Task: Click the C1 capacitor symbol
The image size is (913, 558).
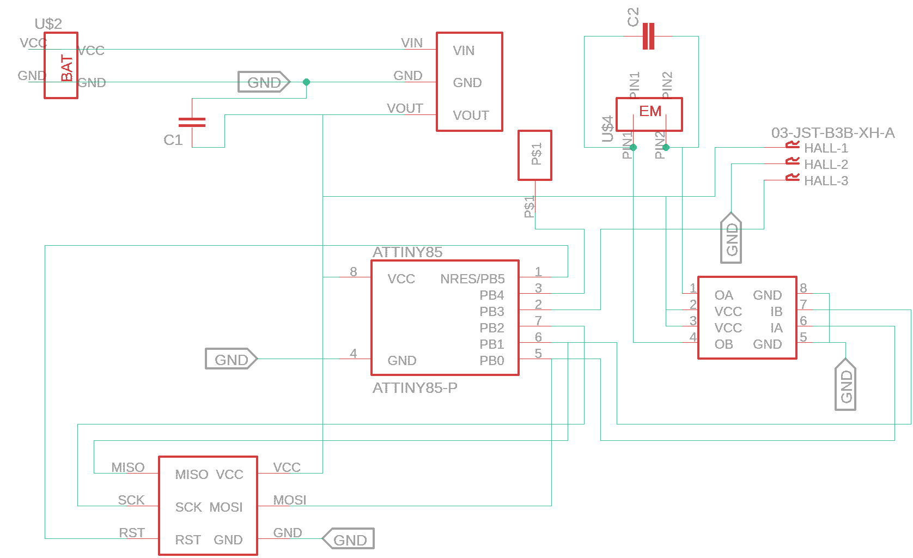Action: point(192,122)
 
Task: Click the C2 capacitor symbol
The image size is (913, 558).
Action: point(648,36)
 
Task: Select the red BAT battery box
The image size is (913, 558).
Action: point(61,65)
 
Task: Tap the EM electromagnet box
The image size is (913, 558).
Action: point(649,114)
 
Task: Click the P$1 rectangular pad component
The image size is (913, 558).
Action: point(534,155)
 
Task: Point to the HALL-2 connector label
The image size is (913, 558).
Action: point(825,165)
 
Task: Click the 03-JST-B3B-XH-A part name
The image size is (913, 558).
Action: point(832,133)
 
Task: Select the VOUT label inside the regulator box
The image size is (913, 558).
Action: point(471,116)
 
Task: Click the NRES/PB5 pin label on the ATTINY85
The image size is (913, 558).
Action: point(472,279)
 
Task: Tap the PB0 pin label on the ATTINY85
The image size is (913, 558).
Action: point(491,361)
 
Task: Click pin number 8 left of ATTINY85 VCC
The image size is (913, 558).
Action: point(354,271)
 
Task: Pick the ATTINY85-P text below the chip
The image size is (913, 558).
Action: point(415,388)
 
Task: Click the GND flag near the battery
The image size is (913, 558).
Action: point(264,82)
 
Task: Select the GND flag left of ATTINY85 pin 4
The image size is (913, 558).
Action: point(231,360)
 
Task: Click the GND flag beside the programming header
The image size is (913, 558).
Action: point(349,539)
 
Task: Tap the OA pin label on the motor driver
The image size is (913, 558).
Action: point(723,295)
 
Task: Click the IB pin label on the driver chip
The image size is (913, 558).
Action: point(776,312)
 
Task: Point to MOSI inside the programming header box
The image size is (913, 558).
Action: point(226,507)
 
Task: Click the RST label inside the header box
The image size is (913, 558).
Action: point(188,540)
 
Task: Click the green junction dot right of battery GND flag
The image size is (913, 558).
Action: point(306,82)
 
